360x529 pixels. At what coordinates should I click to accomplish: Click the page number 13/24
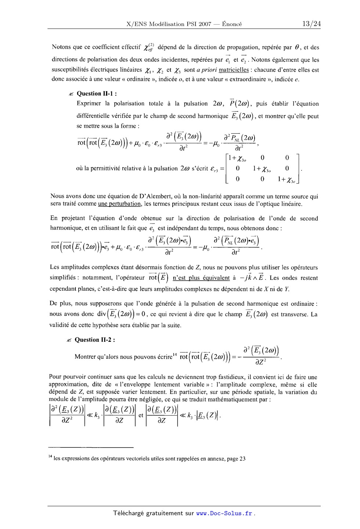tap(311, 24)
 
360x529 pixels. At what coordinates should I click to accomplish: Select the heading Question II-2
tap(95, 340)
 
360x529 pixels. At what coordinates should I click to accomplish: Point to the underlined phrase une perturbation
tap(120, 204)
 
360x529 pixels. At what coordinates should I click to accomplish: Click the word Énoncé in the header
tap(232, 24)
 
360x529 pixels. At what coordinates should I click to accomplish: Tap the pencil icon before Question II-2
tap(69, 340)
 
